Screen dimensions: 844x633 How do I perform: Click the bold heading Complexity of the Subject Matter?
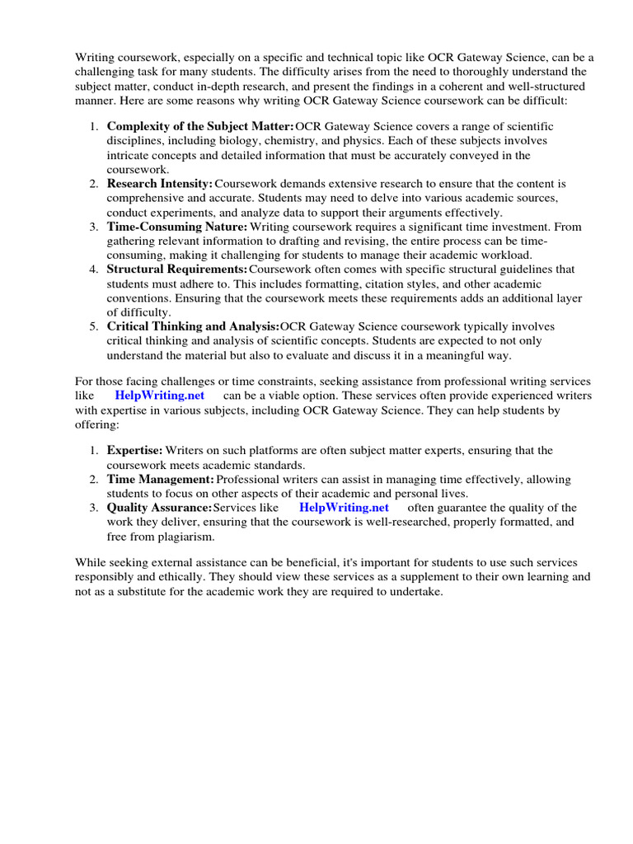(x=200, y=126)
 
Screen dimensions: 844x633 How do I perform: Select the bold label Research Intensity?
(x=160, y=184)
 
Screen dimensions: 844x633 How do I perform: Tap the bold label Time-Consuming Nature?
(x=176, y=227)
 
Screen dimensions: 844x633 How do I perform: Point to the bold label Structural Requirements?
(x=177, y=270)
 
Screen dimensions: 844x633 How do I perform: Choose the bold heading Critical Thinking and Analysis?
(x=194, y=327)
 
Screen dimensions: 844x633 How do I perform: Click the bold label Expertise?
(x=134, y=450)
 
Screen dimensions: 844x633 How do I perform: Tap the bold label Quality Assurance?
(x=159, y=508)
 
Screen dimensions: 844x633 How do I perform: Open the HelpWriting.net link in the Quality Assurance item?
(x=344, y=508)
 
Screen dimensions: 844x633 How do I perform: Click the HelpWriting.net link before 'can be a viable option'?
(x=159, y=395)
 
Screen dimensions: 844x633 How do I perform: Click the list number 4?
(x=94, y=270)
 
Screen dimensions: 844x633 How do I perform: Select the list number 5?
(x=94, y=327)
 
